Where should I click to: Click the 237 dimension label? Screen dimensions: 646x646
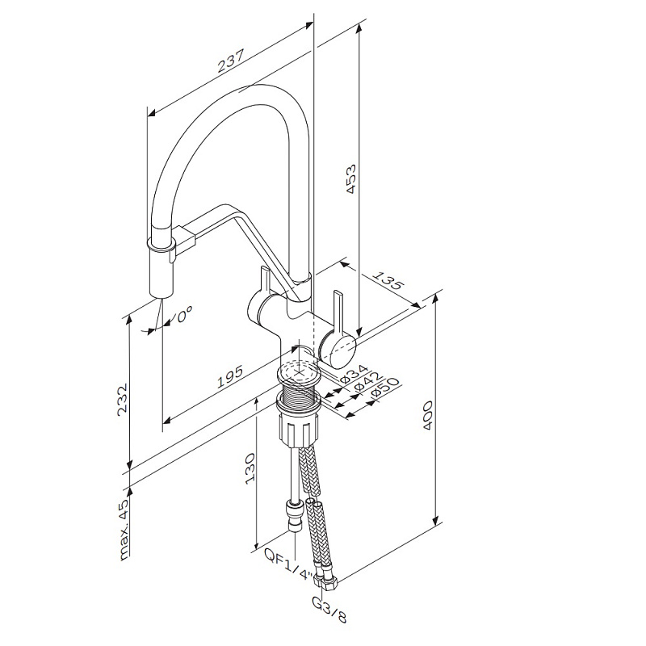[231, 61]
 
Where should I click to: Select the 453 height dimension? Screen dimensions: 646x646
[351, 179]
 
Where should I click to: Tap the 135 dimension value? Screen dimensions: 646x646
[388, 279]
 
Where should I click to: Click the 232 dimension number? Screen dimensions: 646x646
[123, 401]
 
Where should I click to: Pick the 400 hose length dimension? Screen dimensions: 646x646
[428, 415]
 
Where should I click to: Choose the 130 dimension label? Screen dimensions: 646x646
[250, 468]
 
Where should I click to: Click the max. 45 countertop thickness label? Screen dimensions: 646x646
[124, 523]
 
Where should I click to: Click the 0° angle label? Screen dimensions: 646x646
[184, 314]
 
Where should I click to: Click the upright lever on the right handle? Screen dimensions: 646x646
[338, 312]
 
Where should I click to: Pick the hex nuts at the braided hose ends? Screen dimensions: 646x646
[326, 580]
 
